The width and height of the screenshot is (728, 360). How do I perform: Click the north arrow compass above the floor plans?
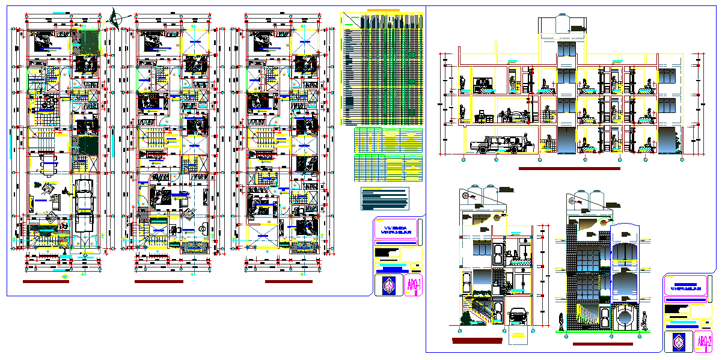pyautogui.click(x=114, y=18)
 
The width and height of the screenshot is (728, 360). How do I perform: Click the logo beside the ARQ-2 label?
pyautogui.click(x=678, y=343)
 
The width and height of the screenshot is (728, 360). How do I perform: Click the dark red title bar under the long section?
pyautogui.click(x=569, y=169)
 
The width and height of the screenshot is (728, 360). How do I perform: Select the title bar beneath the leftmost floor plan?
pyautogui.click(x=46, y=281)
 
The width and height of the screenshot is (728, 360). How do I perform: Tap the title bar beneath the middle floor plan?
pyautogui.click(x=159, y=281)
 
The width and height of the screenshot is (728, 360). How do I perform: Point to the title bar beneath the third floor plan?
pyautogui.click(x=289, y=281)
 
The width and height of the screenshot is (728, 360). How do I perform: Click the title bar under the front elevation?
pyautogui.click(x=602, y=344)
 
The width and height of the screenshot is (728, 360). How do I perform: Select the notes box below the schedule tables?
pyautogui.click(x=385, y=198)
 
